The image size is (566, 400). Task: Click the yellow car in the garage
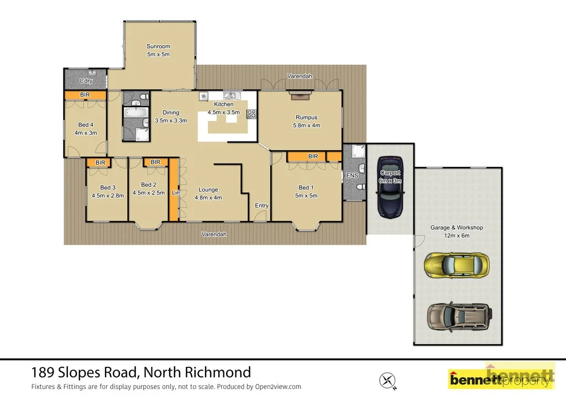(x=457, y=265)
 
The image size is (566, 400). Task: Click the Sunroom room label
(x=158, y=46)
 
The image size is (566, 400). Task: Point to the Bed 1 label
(x=306, y=187)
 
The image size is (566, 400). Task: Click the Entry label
(x=261, y=206)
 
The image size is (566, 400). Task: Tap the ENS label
(x=352, y=176)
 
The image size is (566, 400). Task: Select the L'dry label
(x=86, y=81)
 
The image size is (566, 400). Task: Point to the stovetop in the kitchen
(x=251, y=114)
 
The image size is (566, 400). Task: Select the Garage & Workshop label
(x=457, y=228)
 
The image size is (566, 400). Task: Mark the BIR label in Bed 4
(x=85, y=95)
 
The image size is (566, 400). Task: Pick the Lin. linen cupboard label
(x=175, y=193)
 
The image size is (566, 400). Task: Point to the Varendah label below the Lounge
(x=213, y=234)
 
